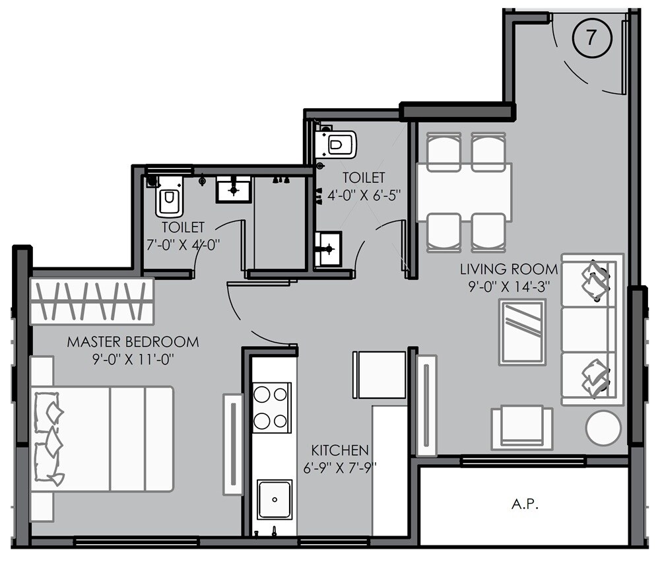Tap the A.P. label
click(x=525, y=504)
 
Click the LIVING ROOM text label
click(x=508, y=269)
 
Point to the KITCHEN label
click(x=340, y=450)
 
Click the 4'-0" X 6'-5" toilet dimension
click(x=364, y=195)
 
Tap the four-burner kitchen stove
click(x=272, y=407)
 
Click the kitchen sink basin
click(x=274, y=499)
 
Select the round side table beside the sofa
click(x=603, y=428)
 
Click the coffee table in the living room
click(x=522, y=332)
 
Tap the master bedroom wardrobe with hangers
click(x=92, y=301)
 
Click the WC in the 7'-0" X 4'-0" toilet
click(x=169, y=199)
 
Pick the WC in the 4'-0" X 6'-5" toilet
click(x=339, y=143)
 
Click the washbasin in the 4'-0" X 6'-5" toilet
click(x=328, y=248)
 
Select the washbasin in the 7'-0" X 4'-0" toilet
click(x=233, y=189)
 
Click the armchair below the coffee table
click(x=521, y=428)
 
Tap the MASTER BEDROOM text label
click(x=133, y=342)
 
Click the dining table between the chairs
click(x=464, y=192)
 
